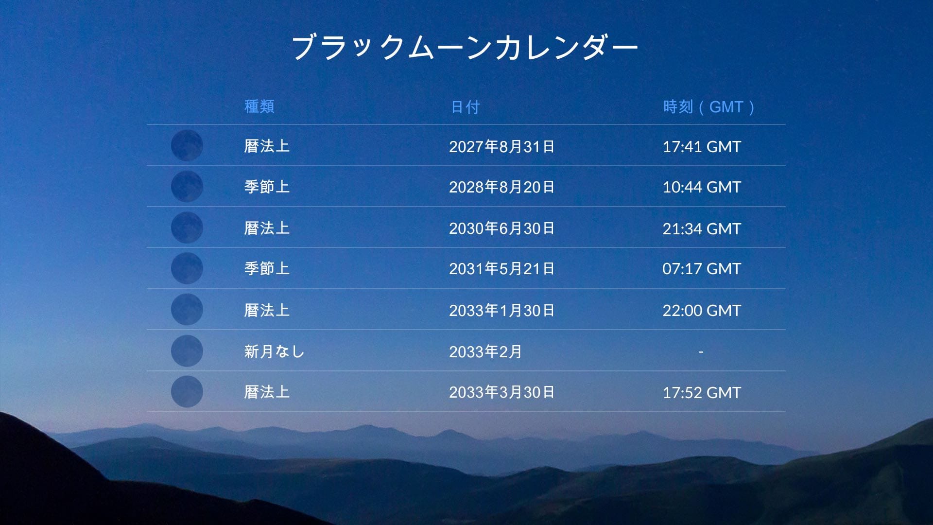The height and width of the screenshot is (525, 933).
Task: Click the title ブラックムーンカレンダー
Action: pos(464,47)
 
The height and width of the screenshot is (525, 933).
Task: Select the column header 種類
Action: pos(259,106)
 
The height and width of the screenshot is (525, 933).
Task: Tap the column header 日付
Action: pos(465,107)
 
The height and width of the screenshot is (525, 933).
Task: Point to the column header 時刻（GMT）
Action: pos(708,107)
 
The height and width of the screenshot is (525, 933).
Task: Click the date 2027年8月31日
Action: pos(501,146)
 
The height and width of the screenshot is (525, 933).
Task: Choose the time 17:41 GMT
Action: pos(701,146)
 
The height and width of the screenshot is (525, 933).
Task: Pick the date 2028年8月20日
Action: pos(501,187)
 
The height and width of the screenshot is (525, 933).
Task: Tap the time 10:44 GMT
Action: pos(701,187)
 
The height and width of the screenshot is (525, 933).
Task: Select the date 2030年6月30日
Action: pos(501,228)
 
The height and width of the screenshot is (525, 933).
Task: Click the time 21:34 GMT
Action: pos(701,228)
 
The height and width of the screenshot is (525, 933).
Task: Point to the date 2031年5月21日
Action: pos(501,268)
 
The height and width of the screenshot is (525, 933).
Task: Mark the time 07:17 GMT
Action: pos(701,268)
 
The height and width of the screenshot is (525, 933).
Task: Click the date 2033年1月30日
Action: pos(501,310)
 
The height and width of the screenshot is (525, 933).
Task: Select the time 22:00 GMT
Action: pos(701,310)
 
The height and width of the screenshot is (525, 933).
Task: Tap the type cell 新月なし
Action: pos(274,351)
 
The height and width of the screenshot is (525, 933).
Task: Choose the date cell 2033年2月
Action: pos(485,351)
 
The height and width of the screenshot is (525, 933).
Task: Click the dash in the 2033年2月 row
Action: pos(701,351)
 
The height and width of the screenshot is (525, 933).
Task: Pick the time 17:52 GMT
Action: pos(701,392)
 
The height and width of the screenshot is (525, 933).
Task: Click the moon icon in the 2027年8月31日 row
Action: pos(187,145)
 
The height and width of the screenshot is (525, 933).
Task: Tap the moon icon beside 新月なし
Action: pos(187,350)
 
